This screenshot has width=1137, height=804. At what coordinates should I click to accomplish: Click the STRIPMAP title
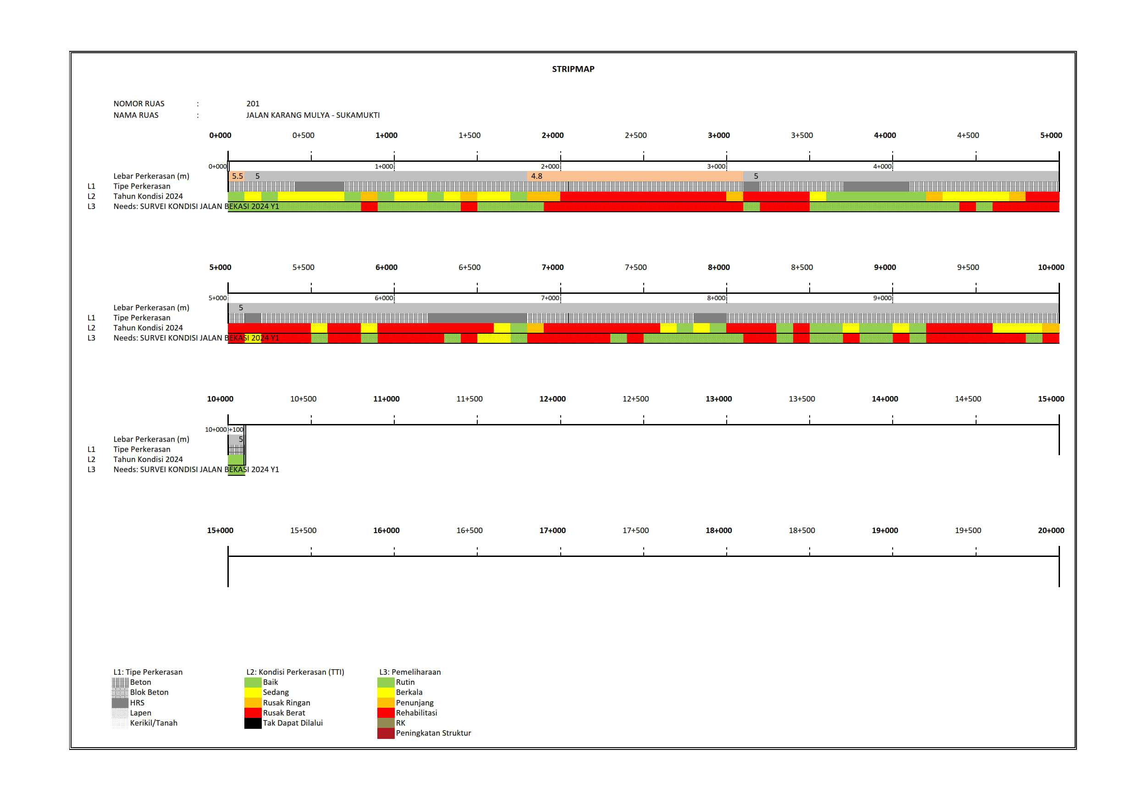[573, 69]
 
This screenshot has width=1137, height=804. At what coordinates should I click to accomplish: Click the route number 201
[253, 104]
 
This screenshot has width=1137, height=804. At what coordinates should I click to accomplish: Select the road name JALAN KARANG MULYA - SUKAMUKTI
[313, 115]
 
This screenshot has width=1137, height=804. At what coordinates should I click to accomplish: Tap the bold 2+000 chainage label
[552, 135]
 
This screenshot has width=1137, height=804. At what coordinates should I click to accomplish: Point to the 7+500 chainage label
[635, 267]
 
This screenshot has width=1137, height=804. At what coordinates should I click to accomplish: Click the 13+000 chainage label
[718, 399]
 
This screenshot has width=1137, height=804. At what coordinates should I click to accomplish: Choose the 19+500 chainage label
[967, 531]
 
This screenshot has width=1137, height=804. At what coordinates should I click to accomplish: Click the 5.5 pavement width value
[237, 176]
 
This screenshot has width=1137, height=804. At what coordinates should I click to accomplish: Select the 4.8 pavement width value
[536, 176]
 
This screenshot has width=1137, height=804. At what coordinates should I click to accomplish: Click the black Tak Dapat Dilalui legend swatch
[253, 723]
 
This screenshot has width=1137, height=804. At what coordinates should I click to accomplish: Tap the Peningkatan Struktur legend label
[433, 733]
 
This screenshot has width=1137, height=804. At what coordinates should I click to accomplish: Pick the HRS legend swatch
[120, 703]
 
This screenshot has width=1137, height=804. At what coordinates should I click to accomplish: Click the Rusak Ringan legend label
[286, 703]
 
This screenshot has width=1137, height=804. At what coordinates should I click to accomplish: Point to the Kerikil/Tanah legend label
[154, 723]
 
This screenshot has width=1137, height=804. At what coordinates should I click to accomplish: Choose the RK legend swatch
[385, 723]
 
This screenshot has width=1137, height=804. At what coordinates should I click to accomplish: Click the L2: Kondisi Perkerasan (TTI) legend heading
[295, 672]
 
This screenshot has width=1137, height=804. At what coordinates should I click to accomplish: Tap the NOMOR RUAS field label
[138, 104]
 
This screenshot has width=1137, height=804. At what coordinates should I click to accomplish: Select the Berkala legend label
[409, 693]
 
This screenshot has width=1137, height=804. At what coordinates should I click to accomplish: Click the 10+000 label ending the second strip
[1050, 267]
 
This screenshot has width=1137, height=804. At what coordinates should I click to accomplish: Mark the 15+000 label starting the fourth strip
[220, 531]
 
